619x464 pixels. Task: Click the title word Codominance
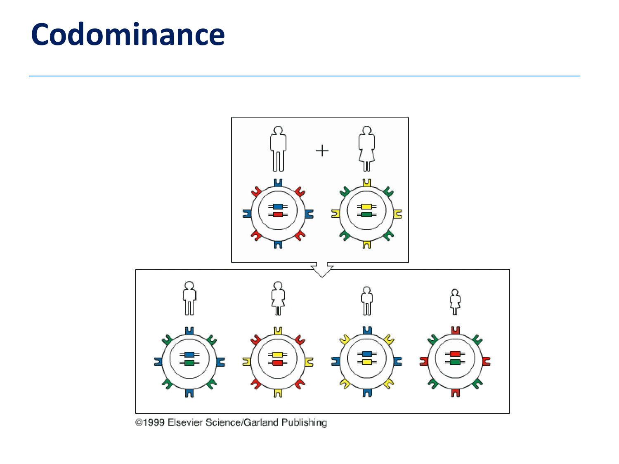point(128,35)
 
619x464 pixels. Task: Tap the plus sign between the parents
point(322,151)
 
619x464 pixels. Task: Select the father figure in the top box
point(278,148)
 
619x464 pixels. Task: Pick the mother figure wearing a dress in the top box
point(366,148)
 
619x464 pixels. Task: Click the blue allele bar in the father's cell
point(278,207)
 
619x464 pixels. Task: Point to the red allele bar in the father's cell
point(278,214)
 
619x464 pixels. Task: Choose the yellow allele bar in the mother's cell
point(366,207)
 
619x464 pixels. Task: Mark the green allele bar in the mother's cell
point(366,214)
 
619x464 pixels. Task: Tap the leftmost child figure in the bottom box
point(189,298)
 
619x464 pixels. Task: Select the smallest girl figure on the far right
point(455,301)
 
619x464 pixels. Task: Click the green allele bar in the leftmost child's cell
point(189,363)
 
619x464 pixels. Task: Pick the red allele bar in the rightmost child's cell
point(455,354)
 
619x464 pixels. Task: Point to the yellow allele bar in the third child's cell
point(366,362)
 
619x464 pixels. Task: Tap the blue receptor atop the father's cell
point(278,183)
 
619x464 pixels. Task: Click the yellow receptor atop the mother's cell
point(366,183)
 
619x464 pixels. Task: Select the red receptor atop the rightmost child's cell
point(455,330)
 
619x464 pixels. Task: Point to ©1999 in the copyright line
point(150,422)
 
